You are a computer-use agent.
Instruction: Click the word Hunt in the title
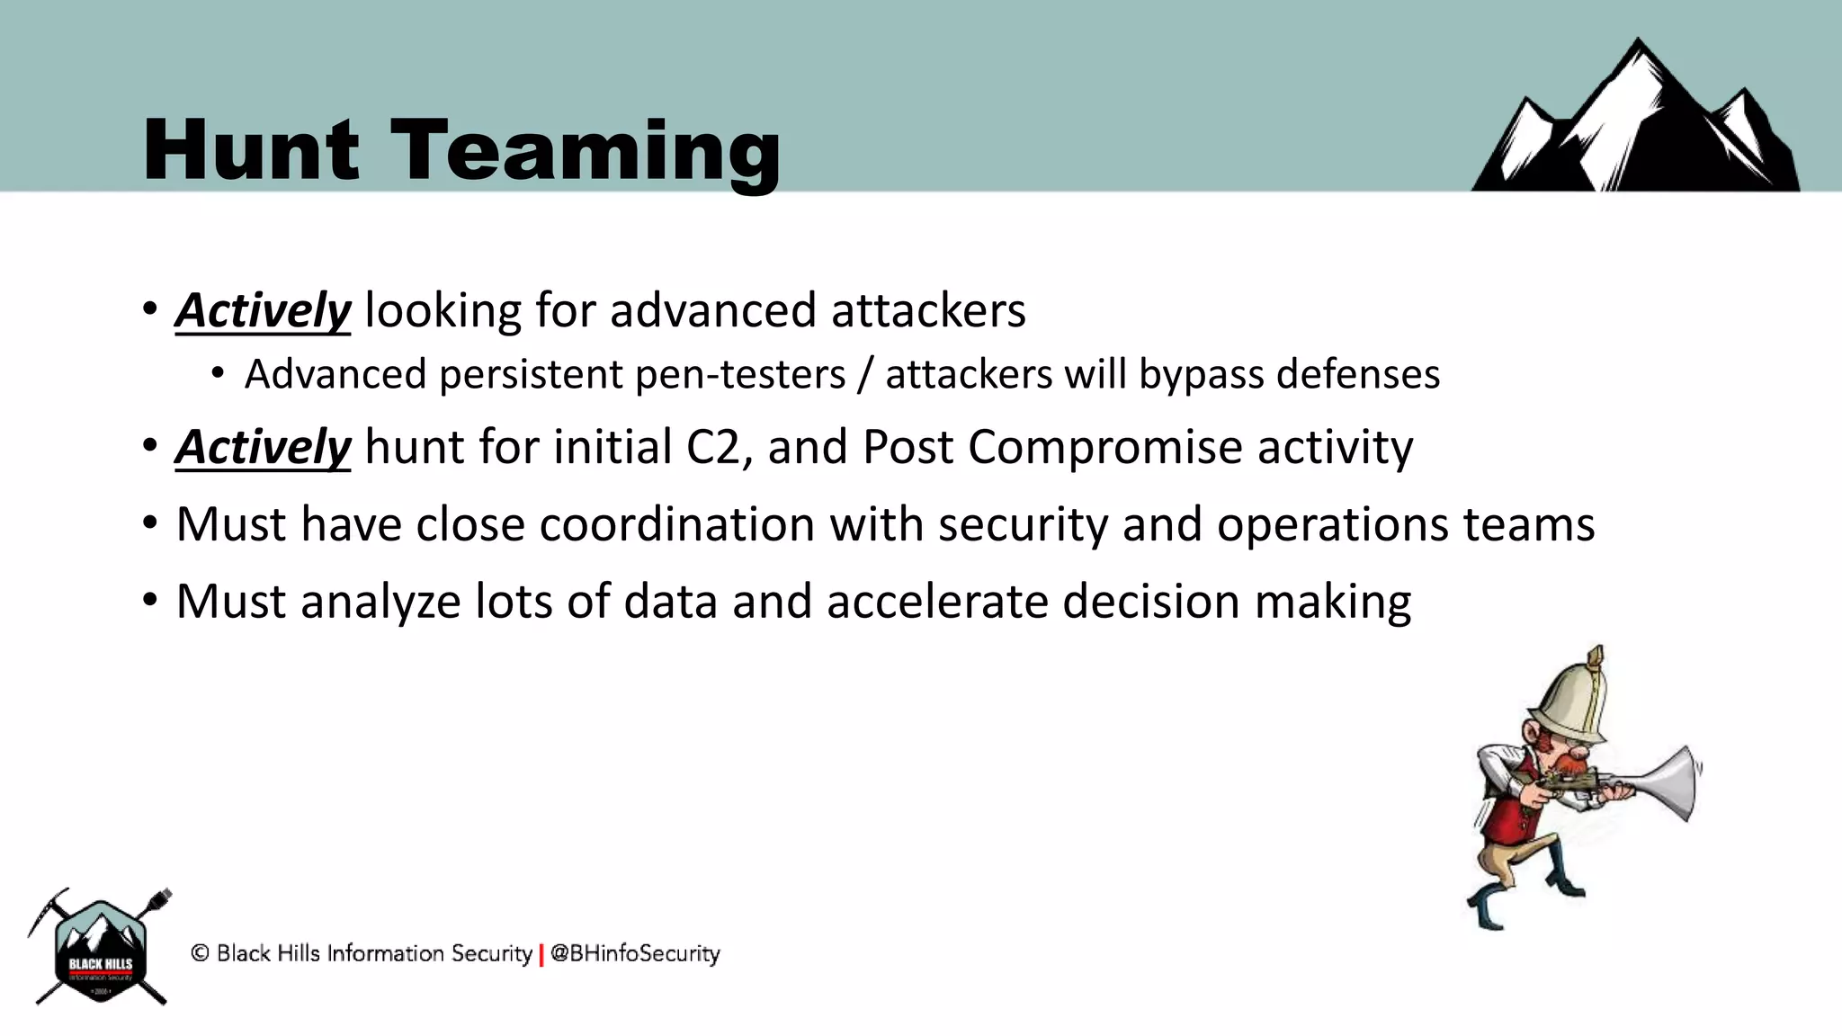click(x=251, y=150)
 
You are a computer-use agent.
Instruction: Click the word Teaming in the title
click(x=586, y=150)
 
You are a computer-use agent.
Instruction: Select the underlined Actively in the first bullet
click(x=263, y=311)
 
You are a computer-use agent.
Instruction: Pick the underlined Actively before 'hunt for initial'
click(x=263, y=447)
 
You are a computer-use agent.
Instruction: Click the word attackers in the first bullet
click(x=928, y=311)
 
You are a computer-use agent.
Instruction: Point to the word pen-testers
click(x=740, y=374)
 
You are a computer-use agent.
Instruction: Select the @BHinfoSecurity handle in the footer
click(x=635, y=953)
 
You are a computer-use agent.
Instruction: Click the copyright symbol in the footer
click(x=200, y=953)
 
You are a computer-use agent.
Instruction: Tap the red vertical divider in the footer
click(x=541, y=955)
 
